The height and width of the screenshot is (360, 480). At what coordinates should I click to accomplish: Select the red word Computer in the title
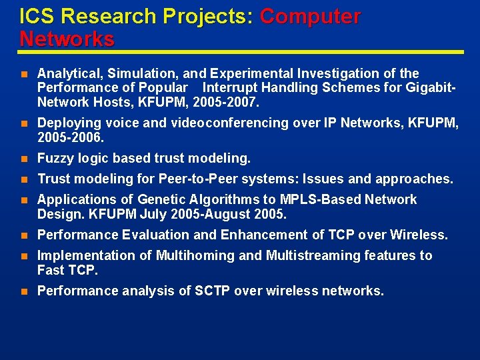tap(310, 16)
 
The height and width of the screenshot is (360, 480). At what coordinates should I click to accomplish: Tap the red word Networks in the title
tap(67, 39)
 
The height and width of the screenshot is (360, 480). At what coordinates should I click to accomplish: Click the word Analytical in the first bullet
tap(67, 73)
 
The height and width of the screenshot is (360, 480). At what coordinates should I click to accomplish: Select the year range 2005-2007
tap(231, 102)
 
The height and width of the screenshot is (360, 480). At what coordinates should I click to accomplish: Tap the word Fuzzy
tap(55, 158)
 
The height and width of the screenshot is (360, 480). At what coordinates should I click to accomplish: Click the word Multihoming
tap(195, 255)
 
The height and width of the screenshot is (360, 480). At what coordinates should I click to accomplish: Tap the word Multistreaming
tap(314, 255)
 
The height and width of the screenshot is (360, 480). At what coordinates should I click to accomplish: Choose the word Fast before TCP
tap(51, 270)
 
